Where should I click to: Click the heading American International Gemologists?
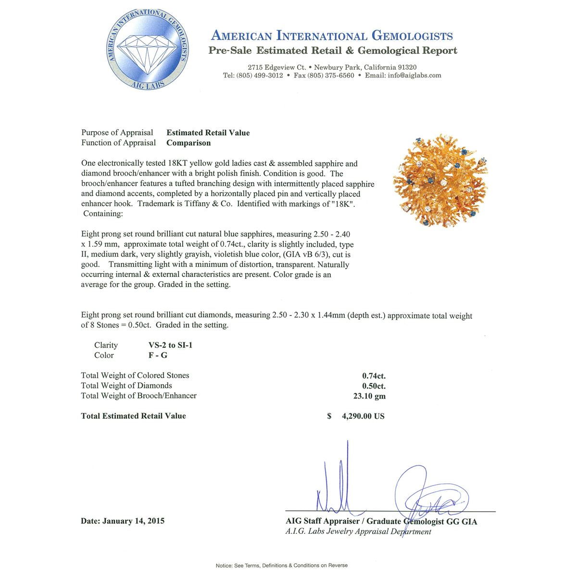coord(332,36)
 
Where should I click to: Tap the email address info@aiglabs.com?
coord(414,75)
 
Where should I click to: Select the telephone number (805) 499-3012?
coord(260,75)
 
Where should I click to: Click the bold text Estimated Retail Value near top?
coord(208,133)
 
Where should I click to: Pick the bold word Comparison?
coord(188,143)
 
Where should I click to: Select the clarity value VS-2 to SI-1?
coord(170,345)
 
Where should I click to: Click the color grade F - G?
coord(158,355)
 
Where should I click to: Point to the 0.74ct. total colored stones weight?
coord(374,376)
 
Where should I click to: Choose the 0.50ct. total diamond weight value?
coord(374,386)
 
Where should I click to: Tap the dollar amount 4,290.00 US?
coord(363,416)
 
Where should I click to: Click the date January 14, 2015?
coord(133,521)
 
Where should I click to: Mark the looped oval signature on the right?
coord(430,498)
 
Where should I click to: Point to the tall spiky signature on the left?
coord(337,486)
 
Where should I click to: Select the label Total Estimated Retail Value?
coord(133,416)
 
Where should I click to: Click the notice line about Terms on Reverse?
coord(281,565)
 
